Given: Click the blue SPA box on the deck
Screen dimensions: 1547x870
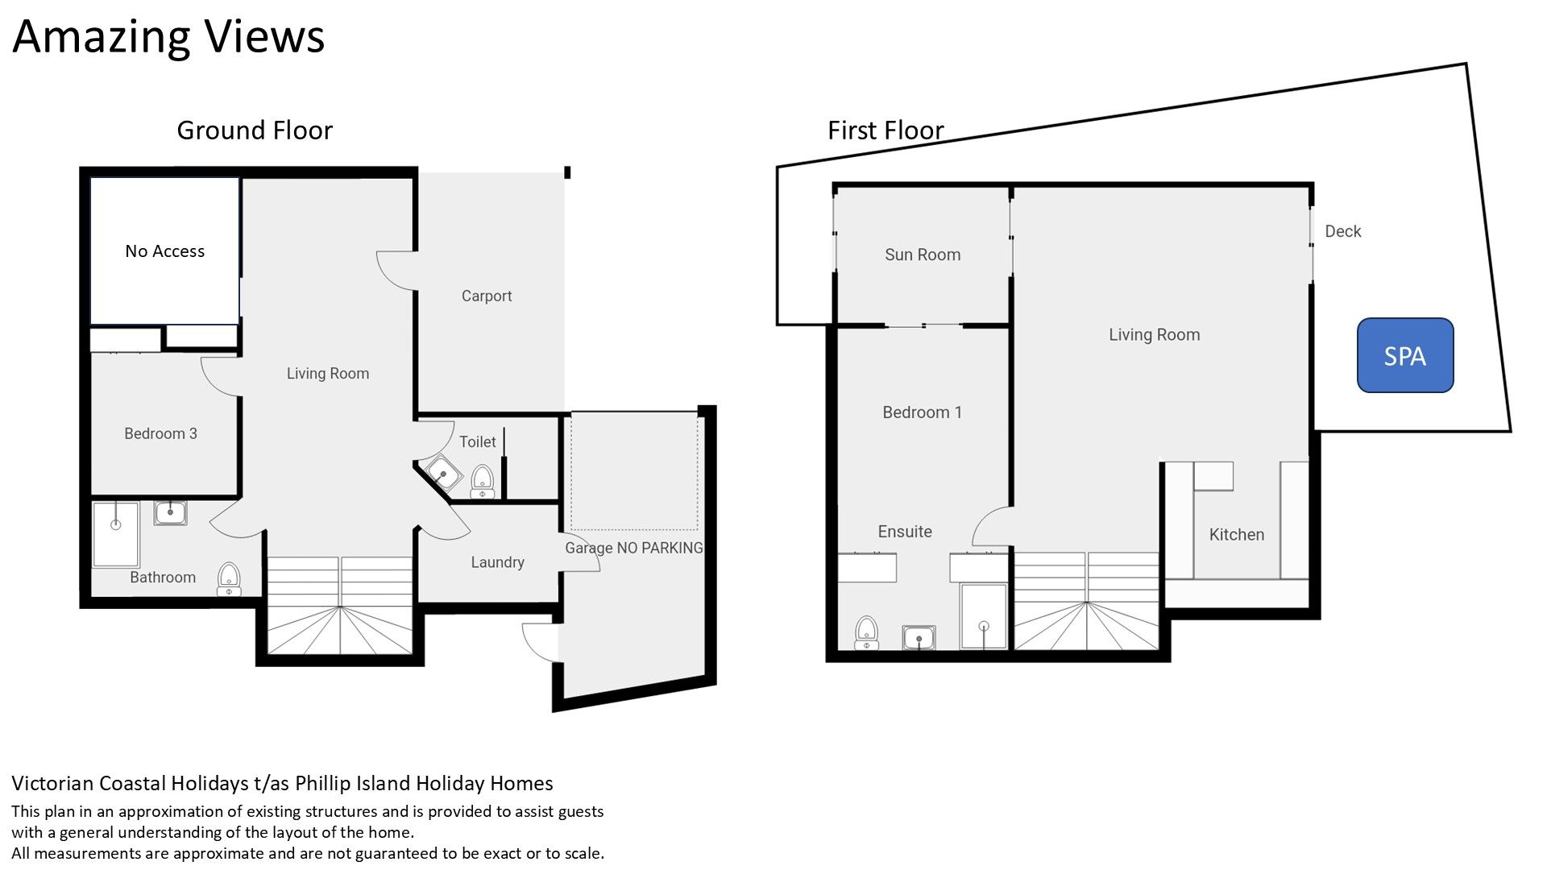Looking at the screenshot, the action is [1405, 355].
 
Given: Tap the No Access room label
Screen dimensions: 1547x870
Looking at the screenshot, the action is [164, 251].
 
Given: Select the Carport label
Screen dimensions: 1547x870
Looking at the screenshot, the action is [487, 296].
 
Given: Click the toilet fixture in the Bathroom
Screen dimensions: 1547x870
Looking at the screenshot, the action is [229, 579].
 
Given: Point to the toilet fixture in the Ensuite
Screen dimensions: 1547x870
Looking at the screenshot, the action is [866, 632].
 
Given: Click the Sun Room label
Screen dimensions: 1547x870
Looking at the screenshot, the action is [923, 255].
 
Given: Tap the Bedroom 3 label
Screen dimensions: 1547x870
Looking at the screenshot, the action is [160, 433].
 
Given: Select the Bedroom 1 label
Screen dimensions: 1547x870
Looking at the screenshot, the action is [922, 412].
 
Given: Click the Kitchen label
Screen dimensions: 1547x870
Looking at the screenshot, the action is [1236, 534].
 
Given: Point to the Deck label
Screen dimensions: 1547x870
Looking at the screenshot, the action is [1342, 231].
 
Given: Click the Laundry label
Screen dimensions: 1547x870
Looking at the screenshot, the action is [497, 562].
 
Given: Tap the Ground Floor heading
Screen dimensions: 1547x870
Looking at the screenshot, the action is [255, 130].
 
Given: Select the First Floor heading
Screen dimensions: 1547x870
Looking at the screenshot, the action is [885, 130].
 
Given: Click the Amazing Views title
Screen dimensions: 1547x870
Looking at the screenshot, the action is [168, 36].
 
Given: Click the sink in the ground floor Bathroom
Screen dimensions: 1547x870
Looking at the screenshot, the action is [170, 512].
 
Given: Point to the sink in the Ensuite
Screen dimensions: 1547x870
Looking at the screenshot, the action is [919, 638].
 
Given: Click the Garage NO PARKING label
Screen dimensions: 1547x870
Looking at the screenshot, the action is [634, 548].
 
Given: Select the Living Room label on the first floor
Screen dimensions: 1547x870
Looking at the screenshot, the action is [1154, 334].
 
